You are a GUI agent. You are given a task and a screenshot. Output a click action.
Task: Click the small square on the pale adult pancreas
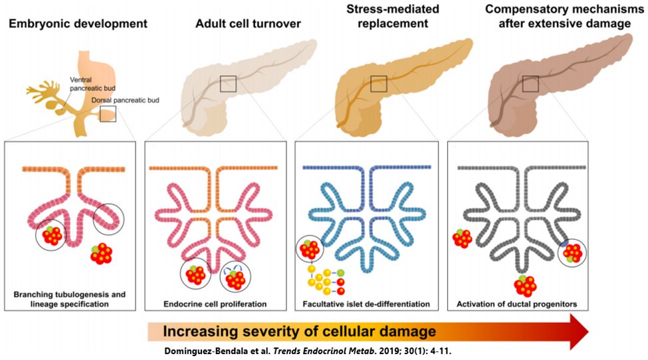tap(228, 84)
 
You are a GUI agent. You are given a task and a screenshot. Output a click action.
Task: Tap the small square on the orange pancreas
tap(379, 84)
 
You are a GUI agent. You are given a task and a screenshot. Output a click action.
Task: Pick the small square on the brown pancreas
tap(530, 84)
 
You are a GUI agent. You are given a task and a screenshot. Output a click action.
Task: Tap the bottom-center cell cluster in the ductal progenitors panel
tap(524, 285)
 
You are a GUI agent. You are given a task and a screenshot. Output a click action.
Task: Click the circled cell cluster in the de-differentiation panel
tap(308, 250)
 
